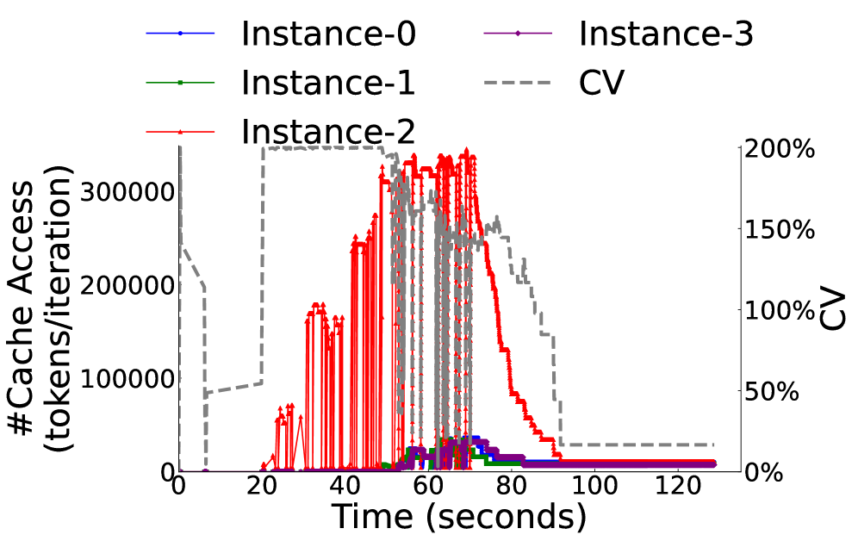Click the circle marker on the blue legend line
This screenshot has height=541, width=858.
[x=180, y=34]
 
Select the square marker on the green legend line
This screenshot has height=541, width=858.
[x=180, y=83]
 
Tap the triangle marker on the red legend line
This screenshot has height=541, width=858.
[x=180, y=132]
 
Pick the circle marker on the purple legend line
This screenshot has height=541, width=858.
[x=518, y=34]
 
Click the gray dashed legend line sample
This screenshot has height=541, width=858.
[x=517, y=83]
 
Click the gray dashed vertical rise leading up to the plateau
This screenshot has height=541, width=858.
[x=263, y=258]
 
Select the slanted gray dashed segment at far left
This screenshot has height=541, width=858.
[x=193, y=268]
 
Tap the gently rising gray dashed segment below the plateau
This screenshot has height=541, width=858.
[x=233, y=387]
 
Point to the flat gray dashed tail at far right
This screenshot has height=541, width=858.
[x=637, y=445]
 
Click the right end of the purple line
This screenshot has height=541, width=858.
[x=713, y=463]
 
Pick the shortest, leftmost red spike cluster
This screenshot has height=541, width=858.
[x=285, y=418]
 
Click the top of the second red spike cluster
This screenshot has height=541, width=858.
[x=320, y=308]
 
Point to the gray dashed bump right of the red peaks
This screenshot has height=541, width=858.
[x=494, y=226]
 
